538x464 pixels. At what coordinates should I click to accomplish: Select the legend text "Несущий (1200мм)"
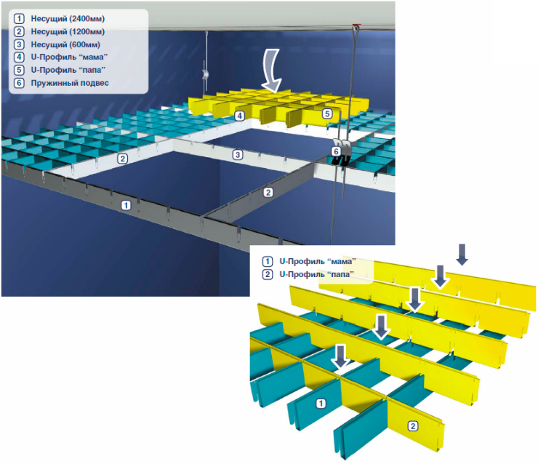[x=67, y=31]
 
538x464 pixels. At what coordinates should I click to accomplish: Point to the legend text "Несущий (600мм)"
[x=64, y=44]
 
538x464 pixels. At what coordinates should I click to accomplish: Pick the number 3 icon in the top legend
[x=19, y=44]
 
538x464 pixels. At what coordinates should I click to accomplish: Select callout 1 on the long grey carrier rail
[x=126, y=205]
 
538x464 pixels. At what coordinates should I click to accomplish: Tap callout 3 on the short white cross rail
[x=237, y=154]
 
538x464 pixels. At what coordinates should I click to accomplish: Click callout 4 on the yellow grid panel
[x=238, y=116]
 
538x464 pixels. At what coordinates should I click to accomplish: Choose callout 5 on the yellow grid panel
[x=327, y=113]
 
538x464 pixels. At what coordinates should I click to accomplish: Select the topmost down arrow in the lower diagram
[x=462, y=254]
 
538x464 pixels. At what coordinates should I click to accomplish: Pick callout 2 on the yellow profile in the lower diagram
[x=414, y=425]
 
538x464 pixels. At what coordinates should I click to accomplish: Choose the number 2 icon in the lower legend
[x=267, y=274]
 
